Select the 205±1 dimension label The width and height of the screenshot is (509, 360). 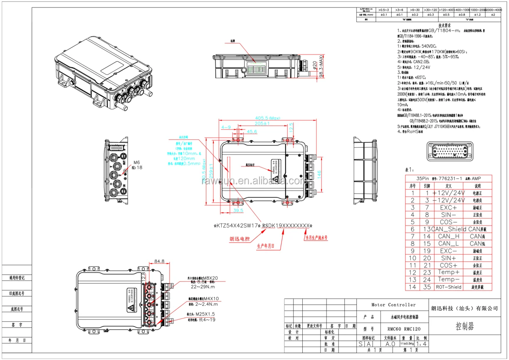262,124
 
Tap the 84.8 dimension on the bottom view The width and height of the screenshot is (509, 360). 159,261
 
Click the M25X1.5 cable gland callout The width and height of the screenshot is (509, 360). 213,314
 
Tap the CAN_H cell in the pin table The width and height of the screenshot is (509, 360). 449,236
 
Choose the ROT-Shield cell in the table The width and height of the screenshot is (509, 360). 448,287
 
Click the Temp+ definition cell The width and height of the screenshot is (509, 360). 449,272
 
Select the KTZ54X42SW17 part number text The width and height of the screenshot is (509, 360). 237,226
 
